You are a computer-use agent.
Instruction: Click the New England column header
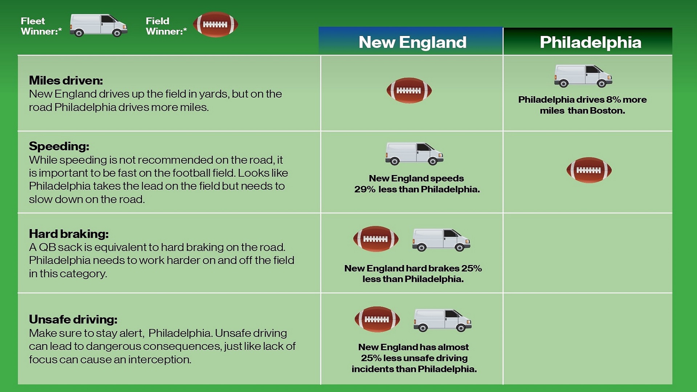click(x=412, y=42)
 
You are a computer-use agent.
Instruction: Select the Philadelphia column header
click(x=590, y=42)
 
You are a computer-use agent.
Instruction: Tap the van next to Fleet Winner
click(x=98, y=25)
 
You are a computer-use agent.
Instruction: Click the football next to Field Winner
click(x=215, y=25)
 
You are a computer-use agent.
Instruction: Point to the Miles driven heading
click(x=66, y=80)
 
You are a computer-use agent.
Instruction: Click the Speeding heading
click(x=59, y=146)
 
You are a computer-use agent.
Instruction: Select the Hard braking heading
click(x=69, y=234)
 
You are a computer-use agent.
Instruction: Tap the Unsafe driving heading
click(x=73, y=319)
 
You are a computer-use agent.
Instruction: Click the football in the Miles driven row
click(x=409, y=90)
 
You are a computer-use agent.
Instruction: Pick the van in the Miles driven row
click(x=583, y=76)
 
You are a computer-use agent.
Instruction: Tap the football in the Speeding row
click(x=589, y=170)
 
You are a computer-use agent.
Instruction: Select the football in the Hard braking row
click(x=376, y=239)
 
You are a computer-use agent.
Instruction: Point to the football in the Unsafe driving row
click(x=377, y=319)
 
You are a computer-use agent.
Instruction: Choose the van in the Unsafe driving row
click(x=443, y=320)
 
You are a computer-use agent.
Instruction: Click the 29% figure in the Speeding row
click(x=365, y=189)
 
